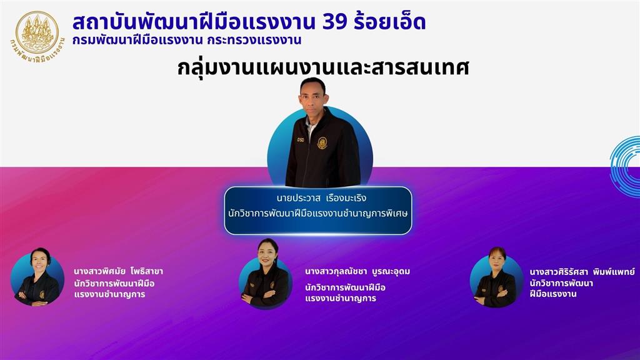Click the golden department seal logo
coord(37,37)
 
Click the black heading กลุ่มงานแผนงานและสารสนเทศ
coord(323,67)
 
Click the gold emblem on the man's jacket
coord(322,143)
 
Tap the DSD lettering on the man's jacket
coord(301,140)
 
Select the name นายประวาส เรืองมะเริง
coord(321,198)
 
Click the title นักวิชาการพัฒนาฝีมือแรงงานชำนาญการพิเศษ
coord(318,214)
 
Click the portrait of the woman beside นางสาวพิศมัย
coord(37,278)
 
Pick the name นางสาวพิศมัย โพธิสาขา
coord(118,271)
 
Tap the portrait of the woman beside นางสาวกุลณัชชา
coord(265,274)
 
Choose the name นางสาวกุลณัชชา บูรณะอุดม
coord(357,271)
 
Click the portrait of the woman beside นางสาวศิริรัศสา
coord(496,277)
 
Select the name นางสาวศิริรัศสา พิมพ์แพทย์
coord(582,272)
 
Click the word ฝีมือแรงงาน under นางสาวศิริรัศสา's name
coord(553,294)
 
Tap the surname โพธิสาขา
coord(146,271)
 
